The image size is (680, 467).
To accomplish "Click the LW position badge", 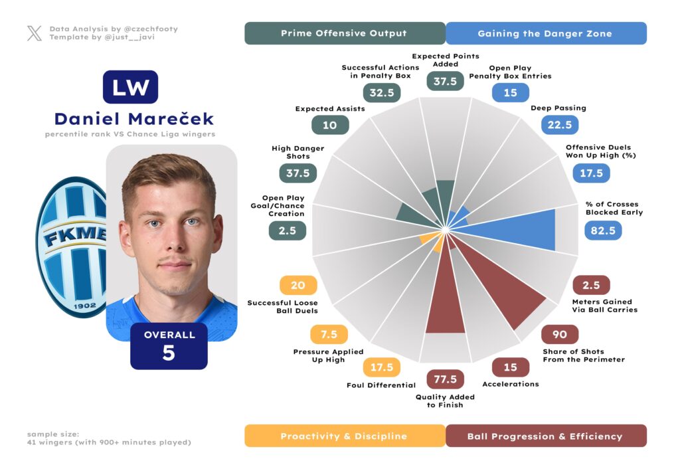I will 130,87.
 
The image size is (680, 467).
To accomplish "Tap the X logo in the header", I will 35,33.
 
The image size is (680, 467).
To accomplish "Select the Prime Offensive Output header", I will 344,33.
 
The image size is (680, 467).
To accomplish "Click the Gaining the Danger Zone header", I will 545,33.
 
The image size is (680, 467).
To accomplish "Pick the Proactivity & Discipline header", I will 344,436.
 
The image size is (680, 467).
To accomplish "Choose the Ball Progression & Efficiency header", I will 545,436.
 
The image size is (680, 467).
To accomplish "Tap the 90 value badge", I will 559,334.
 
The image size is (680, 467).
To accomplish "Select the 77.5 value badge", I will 445,379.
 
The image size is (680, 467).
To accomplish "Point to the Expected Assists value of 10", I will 330,125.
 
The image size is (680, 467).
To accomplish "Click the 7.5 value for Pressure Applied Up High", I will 329,334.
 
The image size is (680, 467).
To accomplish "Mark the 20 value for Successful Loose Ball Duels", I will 298,285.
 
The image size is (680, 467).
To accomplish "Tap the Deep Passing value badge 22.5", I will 560,125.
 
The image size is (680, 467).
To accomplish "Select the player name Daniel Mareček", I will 133,119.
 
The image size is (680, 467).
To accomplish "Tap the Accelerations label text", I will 511,384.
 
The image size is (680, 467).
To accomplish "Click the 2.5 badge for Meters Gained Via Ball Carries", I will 590,285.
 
